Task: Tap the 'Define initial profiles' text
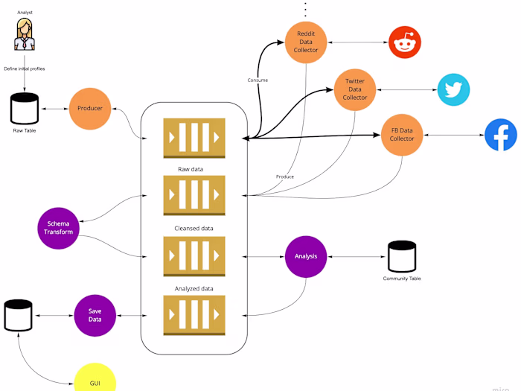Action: pyautogui.click(x=25, y=69)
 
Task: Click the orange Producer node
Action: pyautogui.click(x=90, y=109)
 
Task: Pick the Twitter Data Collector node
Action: pyautogui.click(x=355, y=88)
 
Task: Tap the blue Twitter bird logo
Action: pyautogui.click(x=453, y=89)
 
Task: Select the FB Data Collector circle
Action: pyautogui.click(x=402, y=135)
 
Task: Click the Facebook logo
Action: pyautogui.click(x=501, y=135)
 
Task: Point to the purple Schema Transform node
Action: pyautogui.click(x=58, y=228)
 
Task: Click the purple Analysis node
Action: pyautogui.click(x=306, y=256)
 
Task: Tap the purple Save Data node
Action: pyautogui.click(x=95, y=315)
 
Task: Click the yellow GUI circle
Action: pyautogui.click(x=95, y=379)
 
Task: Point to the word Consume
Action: pyautogui.click(x=258, y=80)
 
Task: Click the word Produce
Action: pyautogui.click(x=284, y=177)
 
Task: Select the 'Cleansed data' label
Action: pyautogui.click(x=194, y=228)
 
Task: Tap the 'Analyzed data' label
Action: pyautogui.click(x=194, y=288)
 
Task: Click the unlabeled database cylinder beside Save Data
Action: pyautogui.click(x=18, y=315)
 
